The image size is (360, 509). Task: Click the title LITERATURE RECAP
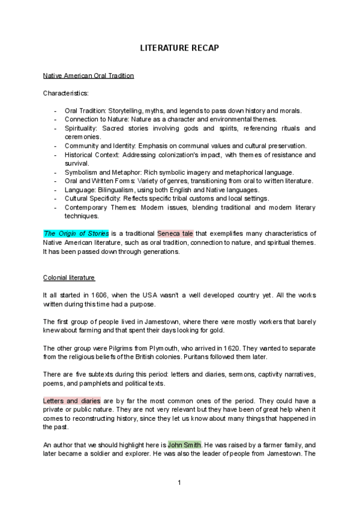[179, 47]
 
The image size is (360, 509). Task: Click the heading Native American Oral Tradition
[88, 76]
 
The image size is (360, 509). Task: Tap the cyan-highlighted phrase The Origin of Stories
[76, 233]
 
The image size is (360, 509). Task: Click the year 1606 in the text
[100, 295]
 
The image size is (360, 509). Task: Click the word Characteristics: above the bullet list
[65, 94]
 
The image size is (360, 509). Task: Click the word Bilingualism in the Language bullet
[116, 190]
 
